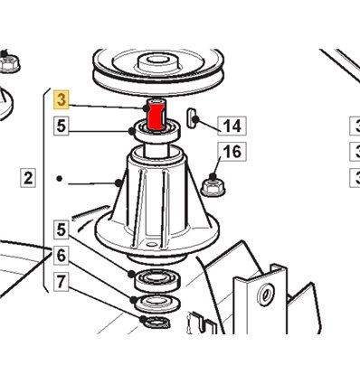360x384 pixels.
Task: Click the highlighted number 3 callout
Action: click(62, 99)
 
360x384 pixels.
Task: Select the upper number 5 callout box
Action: click(62, 126)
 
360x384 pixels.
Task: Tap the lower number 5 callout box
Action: click(62, 229)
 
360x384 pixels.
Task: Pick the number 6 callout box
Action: click(62, 256)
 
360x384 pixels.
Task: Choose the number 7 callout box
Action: click(62, 282)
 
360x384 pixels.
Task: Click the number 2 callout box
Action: click(28, 178)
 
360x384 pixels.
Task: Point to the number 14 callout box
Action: click(232, 126)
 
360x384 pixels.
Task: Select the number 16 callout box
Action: click(232, 152)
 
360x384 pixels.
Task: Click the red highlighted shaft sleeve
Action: click(156, 116)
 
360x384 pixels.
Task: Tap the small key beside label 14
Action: click(191, 117)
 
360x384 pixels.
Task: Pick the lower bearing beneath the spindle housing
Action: click(157, 279)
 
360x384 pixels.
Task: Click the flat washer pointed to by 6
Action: click(157, 303)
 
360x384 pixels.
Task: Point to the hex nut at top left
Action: click(10, 63)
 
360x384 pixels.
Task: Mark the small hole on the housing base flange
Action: click(153, 244)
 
